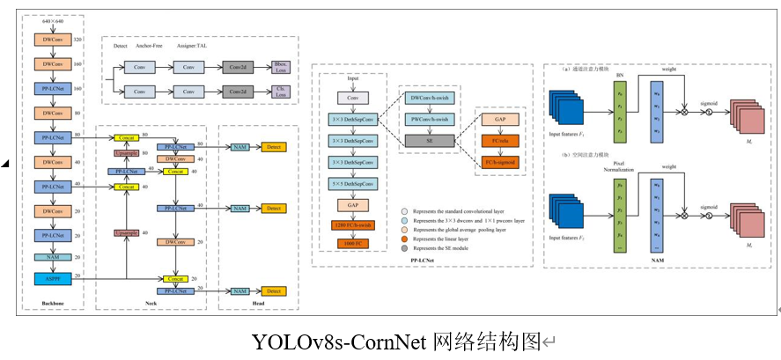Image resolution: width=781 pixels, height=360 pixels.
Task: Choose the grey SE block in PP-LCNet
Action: (x=431, y=139)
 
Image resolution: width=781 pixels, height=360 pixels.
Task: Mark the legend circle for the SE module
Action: (x=403, y=247)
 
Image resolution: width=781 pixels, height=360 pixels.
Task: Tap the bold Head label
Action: (x=256, y=304)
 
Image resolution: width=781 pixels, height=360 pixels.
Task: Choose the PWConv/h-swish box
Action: (x=431, y=119)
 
